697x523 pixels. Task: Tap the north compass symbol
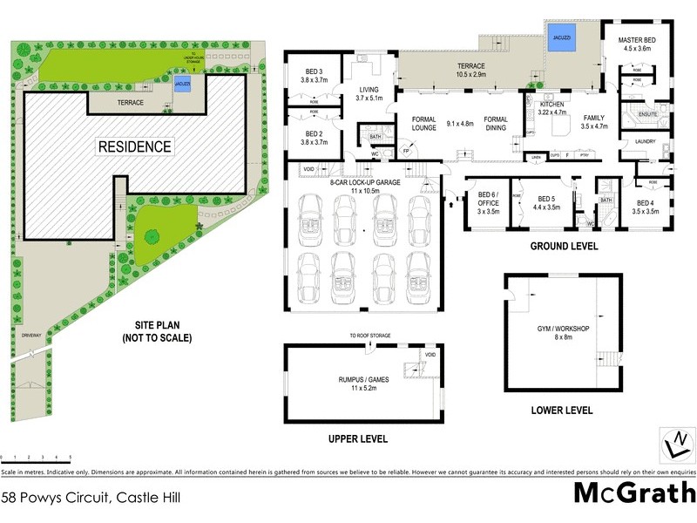[672, 443]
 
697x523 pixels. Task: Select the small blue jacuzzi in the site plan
[183, 84]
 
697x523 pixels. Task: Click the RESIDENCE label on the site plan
[134, 146]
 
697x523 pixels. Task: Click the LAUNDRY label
[646, 140]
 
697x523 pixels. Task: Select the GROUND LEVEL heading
[564, 247]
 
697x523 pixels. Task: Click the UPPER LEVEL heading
[357, 438]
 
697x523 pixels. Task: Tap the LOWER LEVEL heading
[562, 410]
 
